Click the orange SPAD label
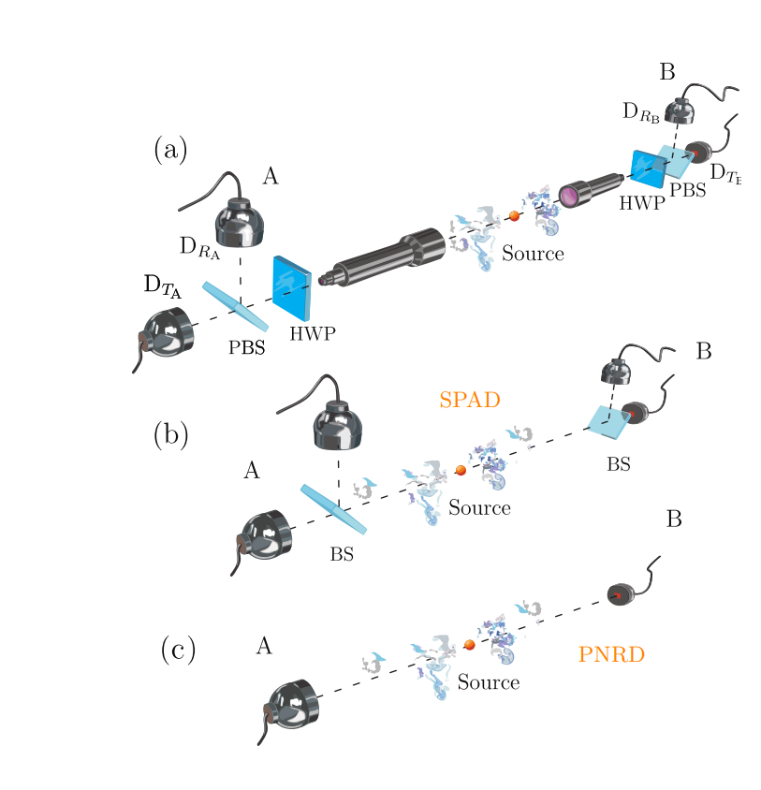coord(470,400)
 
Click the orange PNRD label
coord(611,655)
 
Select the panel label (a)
coord(170,150)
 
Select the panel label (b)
coord(170,433)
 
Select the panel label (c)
coord(177,650)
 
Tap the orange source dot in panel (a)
coord(514,216)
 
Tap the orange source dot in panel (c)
coord(470,645)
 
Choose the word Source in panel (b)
coord(479,508)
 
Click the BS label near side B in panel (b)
coord(618,463)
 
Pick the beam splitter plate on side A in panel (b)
coord(333,509)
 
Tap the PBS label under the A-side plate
coord(247,348)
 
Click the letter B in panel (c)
coord(673,519)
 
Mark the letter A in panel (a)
coord(271,176)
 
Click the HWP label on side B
coord(640,203)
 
